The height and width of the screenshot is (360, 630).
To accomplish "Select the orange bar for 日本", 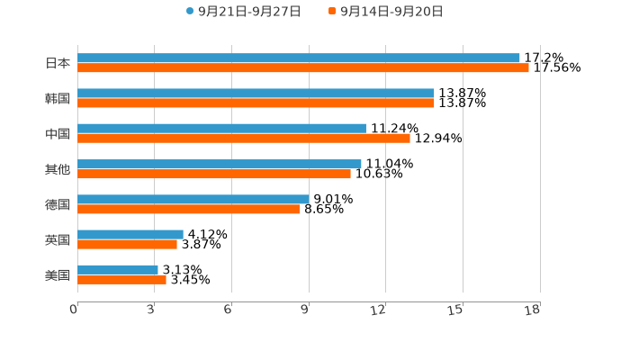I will coord(303,67).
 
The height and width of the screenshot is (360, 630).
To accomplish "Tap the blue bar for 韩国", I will coord(256,94).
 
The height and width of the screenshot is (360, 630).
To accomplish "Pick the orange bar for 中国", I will coord(244,139).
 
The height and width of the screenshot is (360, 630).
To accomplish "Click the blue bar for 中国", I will coord(221,129).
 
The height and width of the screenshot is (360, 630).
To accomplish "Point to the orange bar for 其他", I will coord(214,174).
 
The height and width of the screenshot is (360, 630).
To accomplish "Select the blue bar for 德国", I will coord(193,199).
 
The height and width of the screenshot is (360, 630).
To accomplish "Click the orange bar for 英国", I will coord(127,244).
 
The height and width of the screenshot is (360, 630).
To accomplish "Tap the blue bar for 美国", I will coord(118,269).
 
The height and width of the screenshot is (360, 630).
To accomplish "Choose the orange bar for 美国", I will coord(121,279).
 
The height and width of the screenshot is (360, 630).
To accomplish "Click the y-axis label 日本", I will coord(58,63).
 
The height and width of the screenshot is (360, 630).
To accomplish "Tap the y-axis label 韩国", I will coord(58,98).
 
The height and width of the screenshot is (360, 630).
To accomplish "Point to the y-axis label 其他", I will coord(58,169).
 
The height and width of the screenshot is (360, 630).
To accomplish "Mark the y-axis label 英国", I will coord(58,239).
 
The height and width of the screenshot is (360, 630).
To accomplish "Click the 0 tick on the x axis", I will coord(74,310).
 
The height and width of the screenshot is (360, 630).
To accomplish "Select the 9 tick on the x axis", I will coord(306,310).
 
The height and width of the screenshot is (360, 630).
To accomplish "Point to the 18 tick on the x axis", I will coord(534,310).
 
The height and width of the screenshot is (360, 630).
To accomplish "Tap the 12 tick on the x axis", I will coord(380,310).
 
